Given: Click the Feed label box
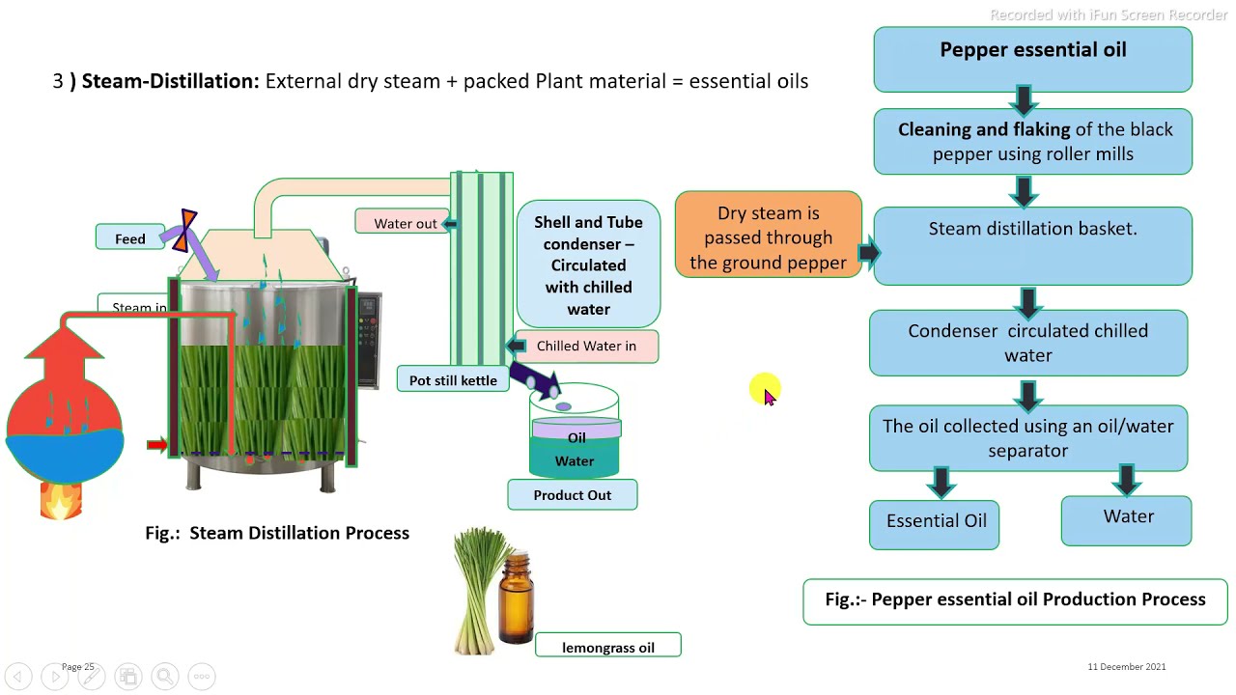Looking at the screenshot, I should click(130, 237).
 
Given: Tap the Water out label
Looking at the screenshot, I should click(404, 223).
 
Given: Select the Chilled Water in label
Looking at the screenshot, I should click(586, 346).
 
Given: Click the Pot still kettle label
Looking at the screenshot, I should click(452, 379).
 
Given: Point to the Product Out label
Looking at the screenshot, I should click(572, 495).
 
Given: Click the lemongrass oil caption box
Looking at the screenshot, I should click(607, 647).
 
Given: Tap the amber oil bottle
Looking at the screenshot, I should click(516, 599).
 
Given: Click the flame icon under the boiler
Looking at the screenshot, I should click(60, 500).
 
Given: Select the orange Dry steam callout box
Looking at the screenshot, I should click(768, 237).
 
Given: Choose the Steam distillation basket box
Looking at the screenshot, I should click(1032, 246).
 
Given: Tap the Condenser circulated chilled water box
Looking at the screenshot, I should click(1027, 343).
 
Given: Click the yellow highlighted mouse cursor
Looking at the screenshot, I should click(765, 391).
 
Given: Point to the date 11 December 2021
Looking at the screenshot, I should click(1126, 666).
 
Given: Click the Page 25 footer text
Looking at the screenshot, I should click(78, 666).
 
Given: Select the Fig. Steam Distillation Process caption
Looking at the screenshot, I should click(277, 533).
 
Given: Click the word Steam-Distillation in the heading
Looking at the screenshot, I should click(170, 81).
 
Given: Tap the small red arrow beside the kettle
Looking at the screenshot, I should click(156, 444).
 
